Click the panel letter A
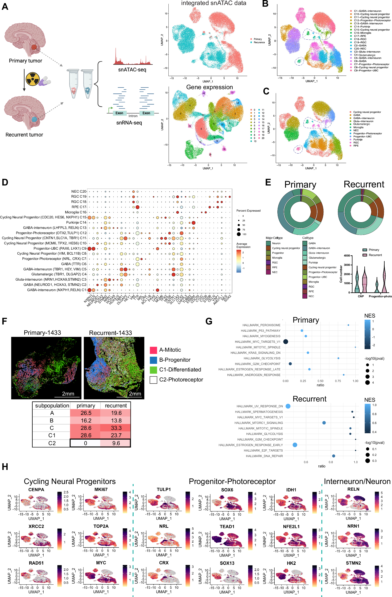tap(5, 6)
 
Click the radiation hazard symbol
tap(33, 79)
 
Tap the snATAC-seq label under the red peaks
tap(132, 69)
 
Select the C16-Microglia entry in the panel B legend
tap(362, 33)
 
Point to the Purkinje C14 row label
tap(76, 222)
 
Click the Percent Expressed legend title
tap(248, 211)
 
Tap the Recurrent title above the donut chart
tap(363, 184)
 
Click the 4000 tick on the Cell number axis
tap(347, 256)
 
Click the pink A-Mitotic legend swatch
tap(153, 350)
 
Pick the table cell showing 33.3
tap(116, 428)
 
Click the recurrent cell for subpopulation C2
tap(116, 443)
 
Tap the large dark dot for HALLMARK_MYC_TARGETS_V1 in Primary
tap(286, 342)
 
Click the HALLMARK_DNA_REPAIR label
tap(264, 456)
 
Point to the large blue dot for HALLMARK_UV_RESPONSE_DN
tap(288, 406)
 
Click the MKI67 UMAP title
tap(101, 489)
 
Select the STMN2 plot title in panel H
tap(353, 563)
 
